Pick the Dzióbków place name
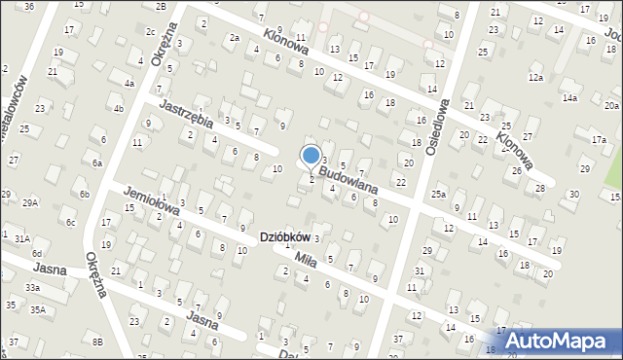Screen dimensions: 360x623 click(284, 237)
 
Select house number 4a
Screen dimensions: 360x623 click(128, 84)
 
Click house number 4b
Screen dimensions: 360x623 click(118, 108)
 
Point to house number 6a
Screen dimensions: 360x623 click(97, 163)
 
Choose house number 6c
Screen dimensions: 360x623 click(70, 222)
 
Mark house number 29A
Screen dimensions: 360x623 click(31, 202)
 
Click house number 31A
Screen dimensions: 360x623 click(22, 237)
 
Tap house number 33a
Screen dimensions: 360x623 click(33, 288)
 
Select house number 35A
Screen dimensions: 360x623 click(37, 309)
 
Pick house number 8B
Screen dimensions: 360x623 click(96, 341)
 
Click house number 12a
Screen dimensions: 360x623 click(535, 77)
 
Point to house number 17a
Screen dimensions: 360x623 click(601, 141)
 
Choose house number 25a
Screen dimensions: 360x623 click(439, 196)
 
